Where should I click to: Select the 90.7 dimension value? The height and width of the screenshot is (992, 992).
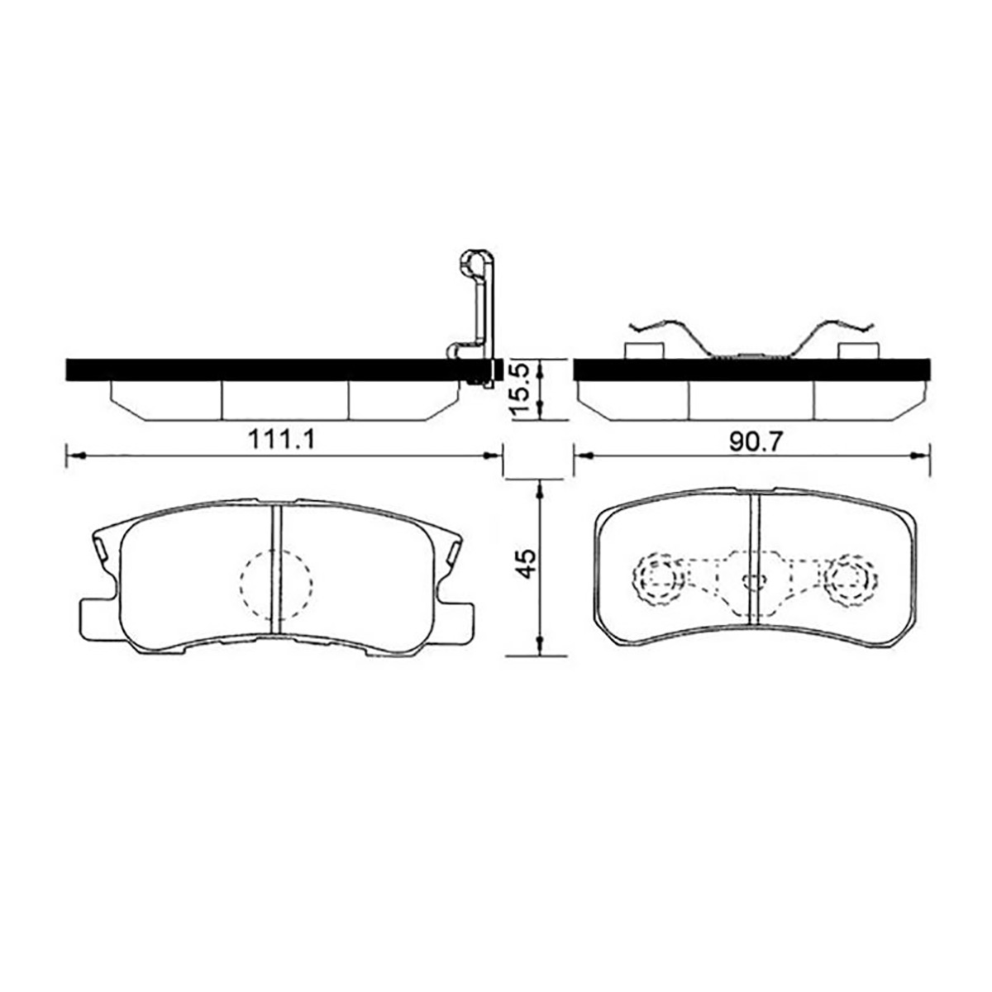[x=756, y=441]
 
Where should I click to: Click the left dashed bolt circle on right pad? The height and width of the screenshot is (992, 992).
[x=657, y=579]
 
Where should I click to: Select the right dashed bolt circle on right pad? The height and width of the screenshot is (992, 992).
[x=850, y=579]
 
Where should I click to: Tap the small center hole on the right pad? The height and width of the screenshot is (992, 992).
[x=754, y=581]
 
